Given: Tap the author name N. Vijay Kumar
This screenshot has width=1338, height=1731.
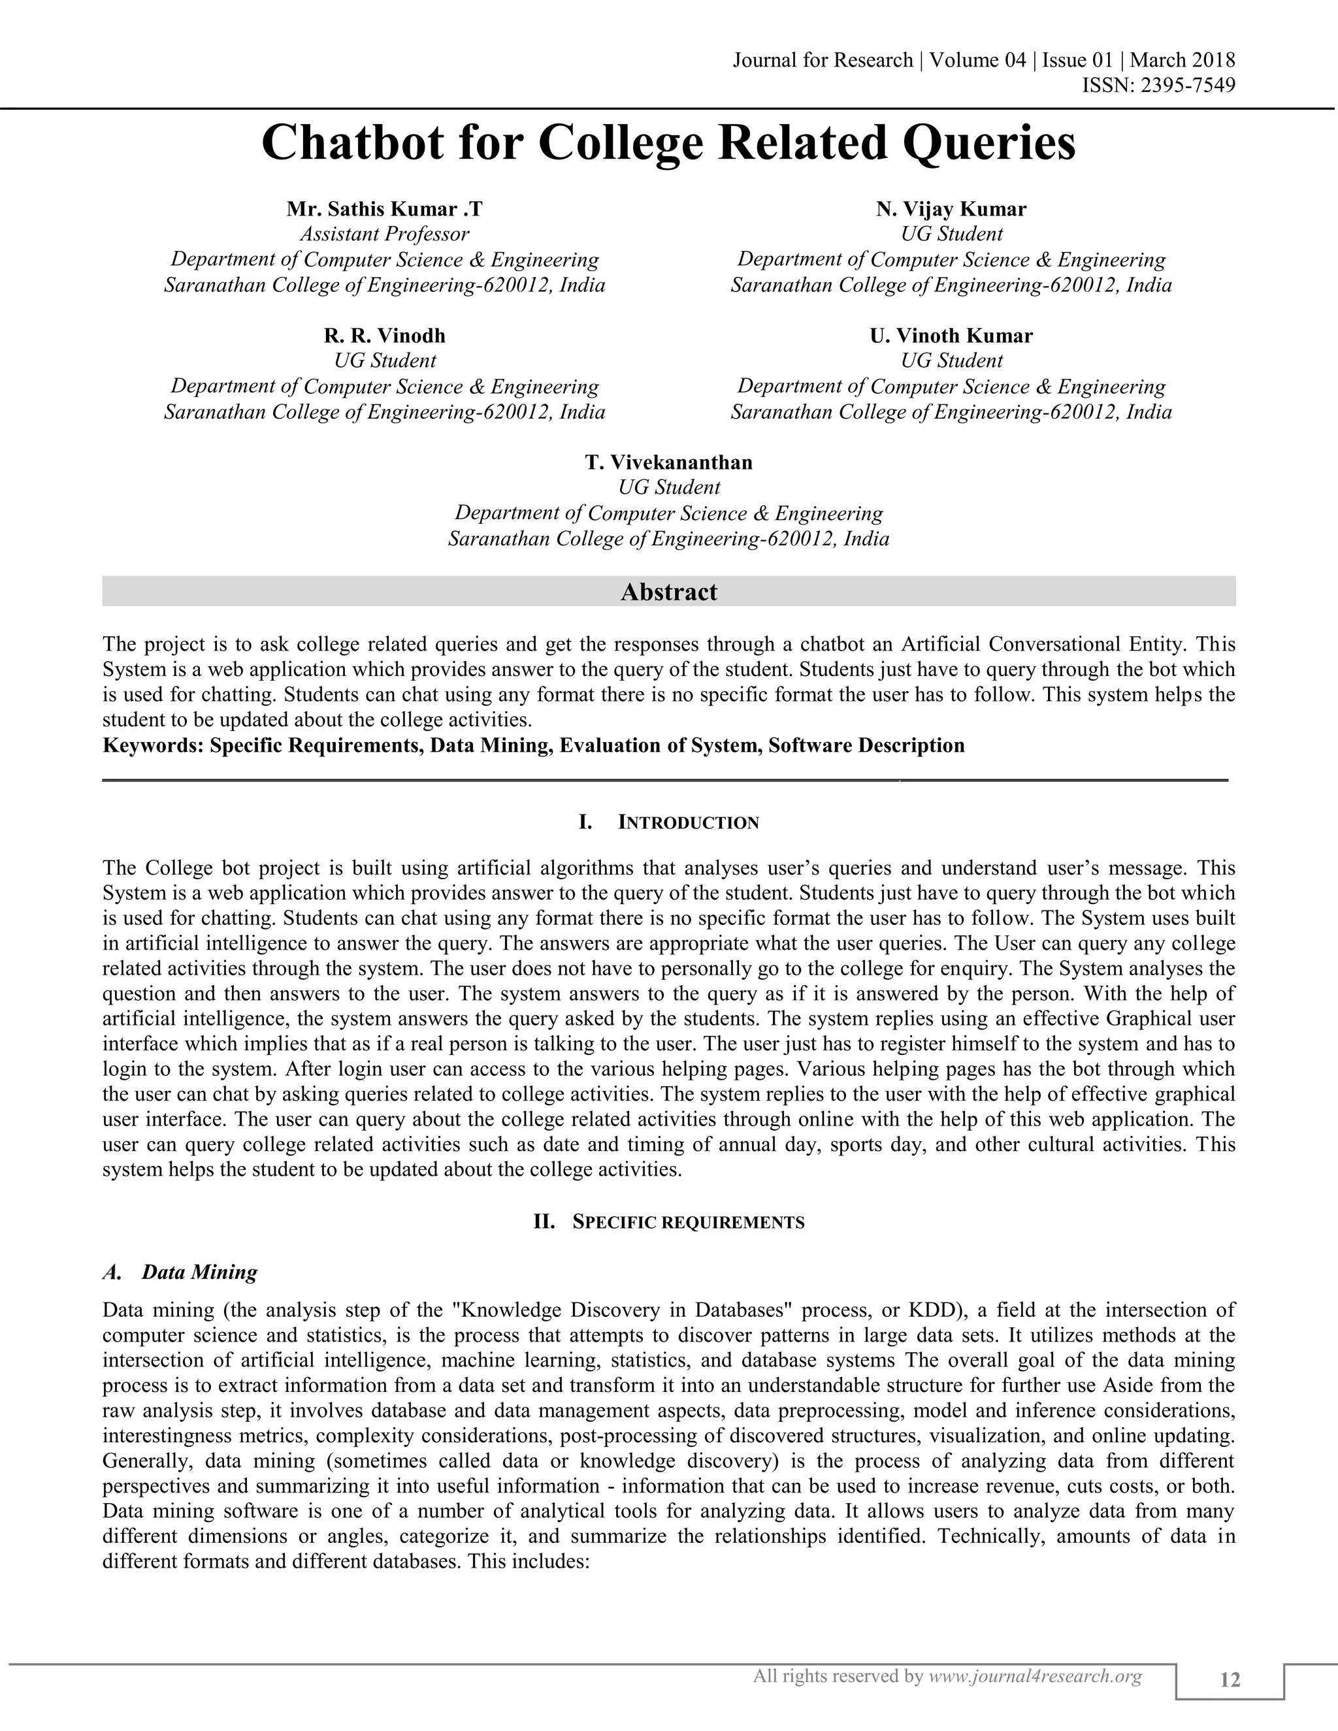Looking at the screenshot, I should (951, 209).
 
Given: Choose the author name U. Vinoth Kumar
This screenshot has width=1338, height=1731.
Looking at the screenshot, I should (951, 336).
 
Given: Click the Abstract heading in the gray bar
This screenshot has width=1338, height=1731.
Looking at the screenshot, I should (668, 592).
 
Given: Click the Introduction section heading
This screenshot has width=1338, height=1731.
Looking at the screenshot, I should (687, 822).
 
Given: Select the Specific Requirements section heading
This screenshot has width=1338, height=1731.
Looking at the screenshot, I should (687, 1222).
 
